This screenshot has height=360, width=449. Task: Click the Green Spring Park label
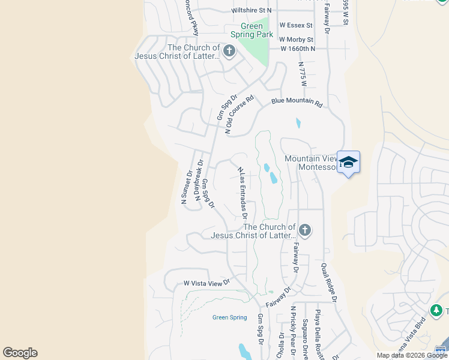(x=252, y=30)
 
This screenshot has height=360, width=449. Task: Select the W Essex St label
(x=296, y=25)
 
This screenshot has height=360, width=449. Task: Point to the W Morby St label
(x=297, y=40)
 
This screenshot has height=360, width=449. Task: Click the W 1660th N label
(x=298, y=49)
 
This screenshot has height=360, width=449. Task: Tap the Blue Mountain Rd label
(x=297, y=103)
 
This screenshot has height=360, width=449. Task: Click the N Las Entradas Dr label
(x=243, y=193)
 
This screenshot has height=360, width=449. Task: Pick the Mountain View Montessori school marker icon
(x=348, y=162)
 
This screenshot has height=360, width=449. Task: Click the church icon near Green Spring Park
(x=229, y=52)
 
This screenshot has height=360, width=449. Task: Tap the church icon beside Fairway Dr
(x=305, y=230)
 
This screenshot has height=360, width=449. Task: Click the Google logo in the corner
(x=20, y=352)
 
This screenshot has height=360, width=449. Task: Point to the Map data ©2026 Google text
(x=412, y=355)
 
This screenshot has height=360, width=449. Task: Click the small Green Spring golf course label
(x=229, y=317)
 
